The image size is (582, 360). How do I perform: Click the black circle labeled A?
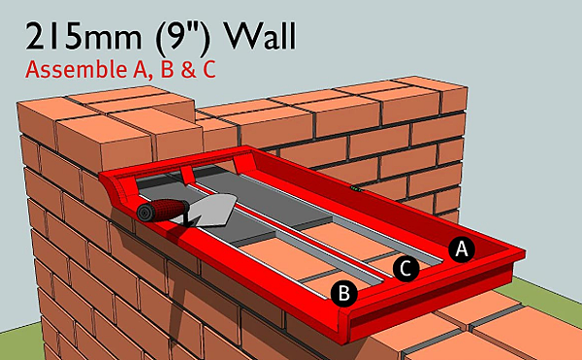point(462,249)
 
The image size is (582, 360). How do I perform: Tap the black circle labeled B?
point(344,294)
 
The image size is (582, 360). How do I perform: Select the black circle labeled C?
point(406,268)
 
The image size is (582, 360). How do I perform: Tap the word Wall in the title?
point(259,36)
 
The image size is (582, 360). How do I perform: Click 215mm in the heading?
point(83,37)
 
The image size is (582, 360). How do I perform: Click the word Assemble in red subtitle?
point(76,69)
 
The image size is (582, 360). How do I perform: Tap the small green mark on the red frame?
point(356,189)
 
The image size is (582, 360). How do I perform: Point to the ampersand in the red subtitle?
point(188,70)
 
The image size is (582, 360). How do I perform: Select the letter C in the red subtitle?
point(209,70)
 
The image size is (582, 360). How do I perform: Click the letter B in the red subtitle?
point(166,70)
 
